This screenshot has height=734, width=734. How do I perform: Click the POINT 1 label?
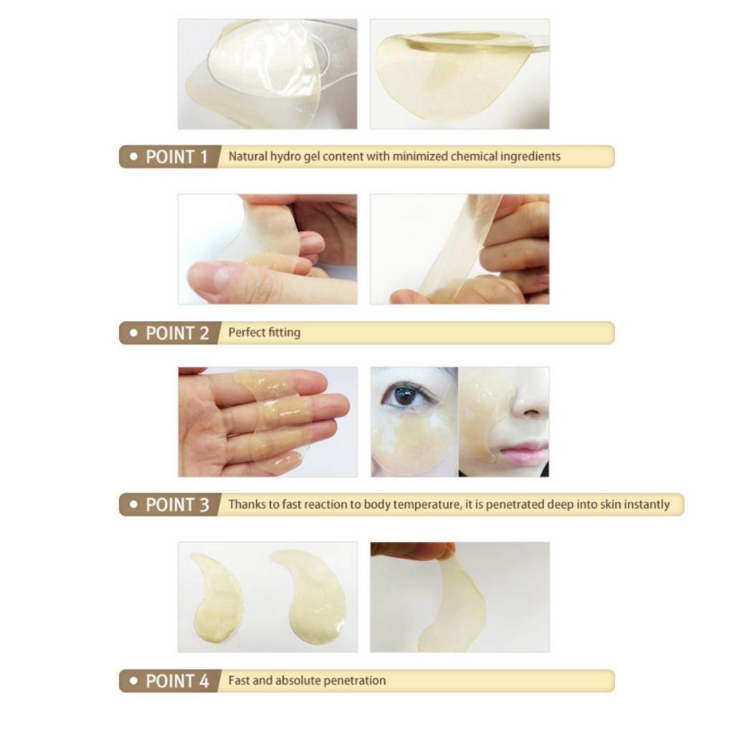(x=176, y=157)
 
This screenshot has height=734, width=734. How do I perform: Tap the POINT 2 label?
(x=177, y=333)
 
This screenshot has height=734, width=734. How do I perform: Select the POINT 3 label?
(x=177, y=505)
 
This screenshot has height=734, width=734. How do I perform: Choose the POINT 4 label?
(x=177, y=681)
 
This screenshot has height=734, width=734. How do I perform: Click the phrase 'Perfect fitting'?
(x=264, y=333)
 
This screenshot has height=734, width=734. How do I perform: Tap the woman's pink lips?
(x=524, y=452)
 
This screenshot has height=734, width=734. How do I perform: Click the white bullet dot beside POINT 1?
(x=134, y=157)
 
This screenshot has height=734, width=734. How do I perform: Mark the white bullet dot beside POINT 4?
(x=134, y=681)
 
